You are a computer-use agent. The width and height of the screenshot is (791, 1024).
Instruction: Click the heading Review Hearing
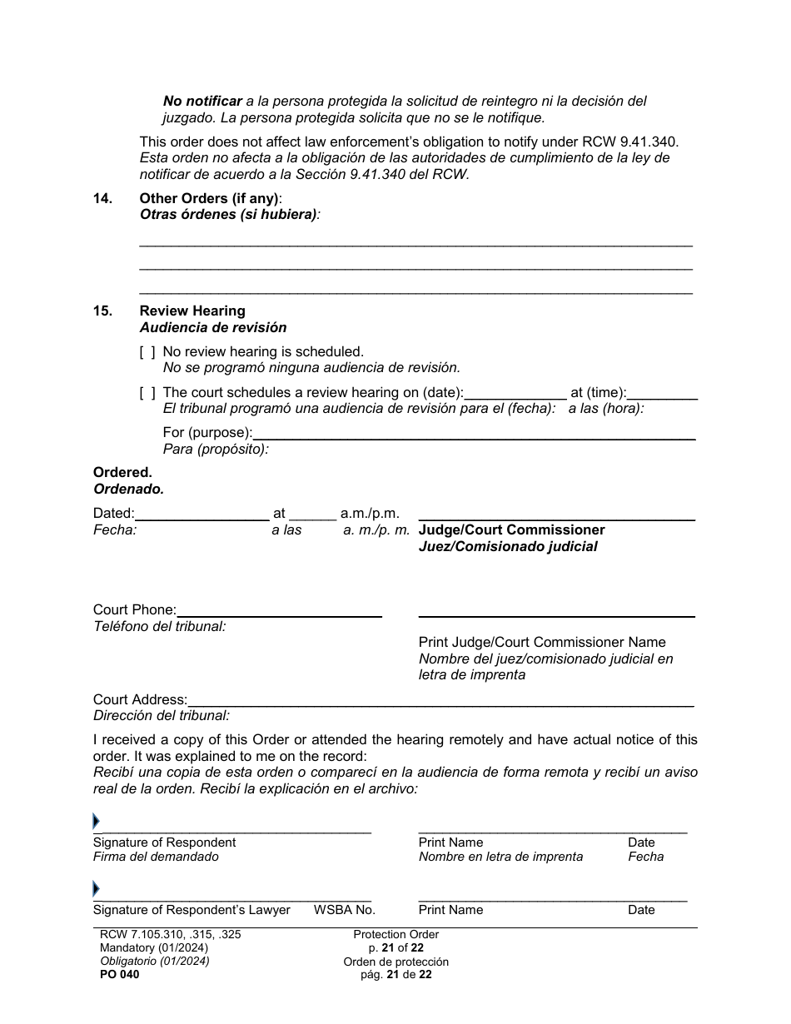(192, 311)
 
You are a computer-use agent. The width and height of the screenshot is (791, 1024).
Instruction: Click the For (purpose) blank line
(473, 432)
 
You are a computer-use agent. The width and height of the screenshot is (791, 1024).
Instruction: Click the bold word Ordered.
(122, 472)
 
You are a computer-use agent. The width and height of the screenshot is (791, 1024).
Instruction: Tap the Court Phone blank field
(279, 610)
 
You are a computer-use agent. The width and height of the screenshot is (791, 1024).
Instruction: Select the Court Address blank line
(440, 700)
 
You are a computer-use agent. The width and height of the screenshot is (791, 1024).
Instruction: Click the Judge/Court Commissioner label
(511, 530)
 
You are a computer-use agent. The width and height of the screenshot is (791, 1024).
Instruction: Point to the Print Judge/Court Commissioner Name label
(541, 642)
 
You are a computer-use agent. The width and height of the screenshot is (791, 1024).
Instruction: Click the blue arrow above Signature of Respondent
(96, 822)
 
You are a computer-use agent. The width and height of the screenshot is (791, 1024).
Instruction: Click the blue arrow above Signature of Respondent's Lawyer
(96, 888)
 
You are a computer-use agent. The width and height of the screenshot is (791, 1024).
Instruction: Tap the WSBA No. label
(344, 910)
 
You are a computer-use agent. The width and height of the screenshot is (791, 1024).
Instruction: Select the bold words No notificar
(202, 101)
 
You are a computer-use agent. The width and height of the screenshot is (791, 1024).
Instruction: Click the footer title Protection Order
(395, 934)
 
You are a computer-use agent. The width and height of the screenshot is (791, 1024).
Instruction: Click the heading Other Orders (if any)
(210, 198)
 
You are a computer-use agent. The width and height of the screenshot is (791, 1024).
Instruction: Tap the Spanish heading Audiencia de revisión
(213, 327)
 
